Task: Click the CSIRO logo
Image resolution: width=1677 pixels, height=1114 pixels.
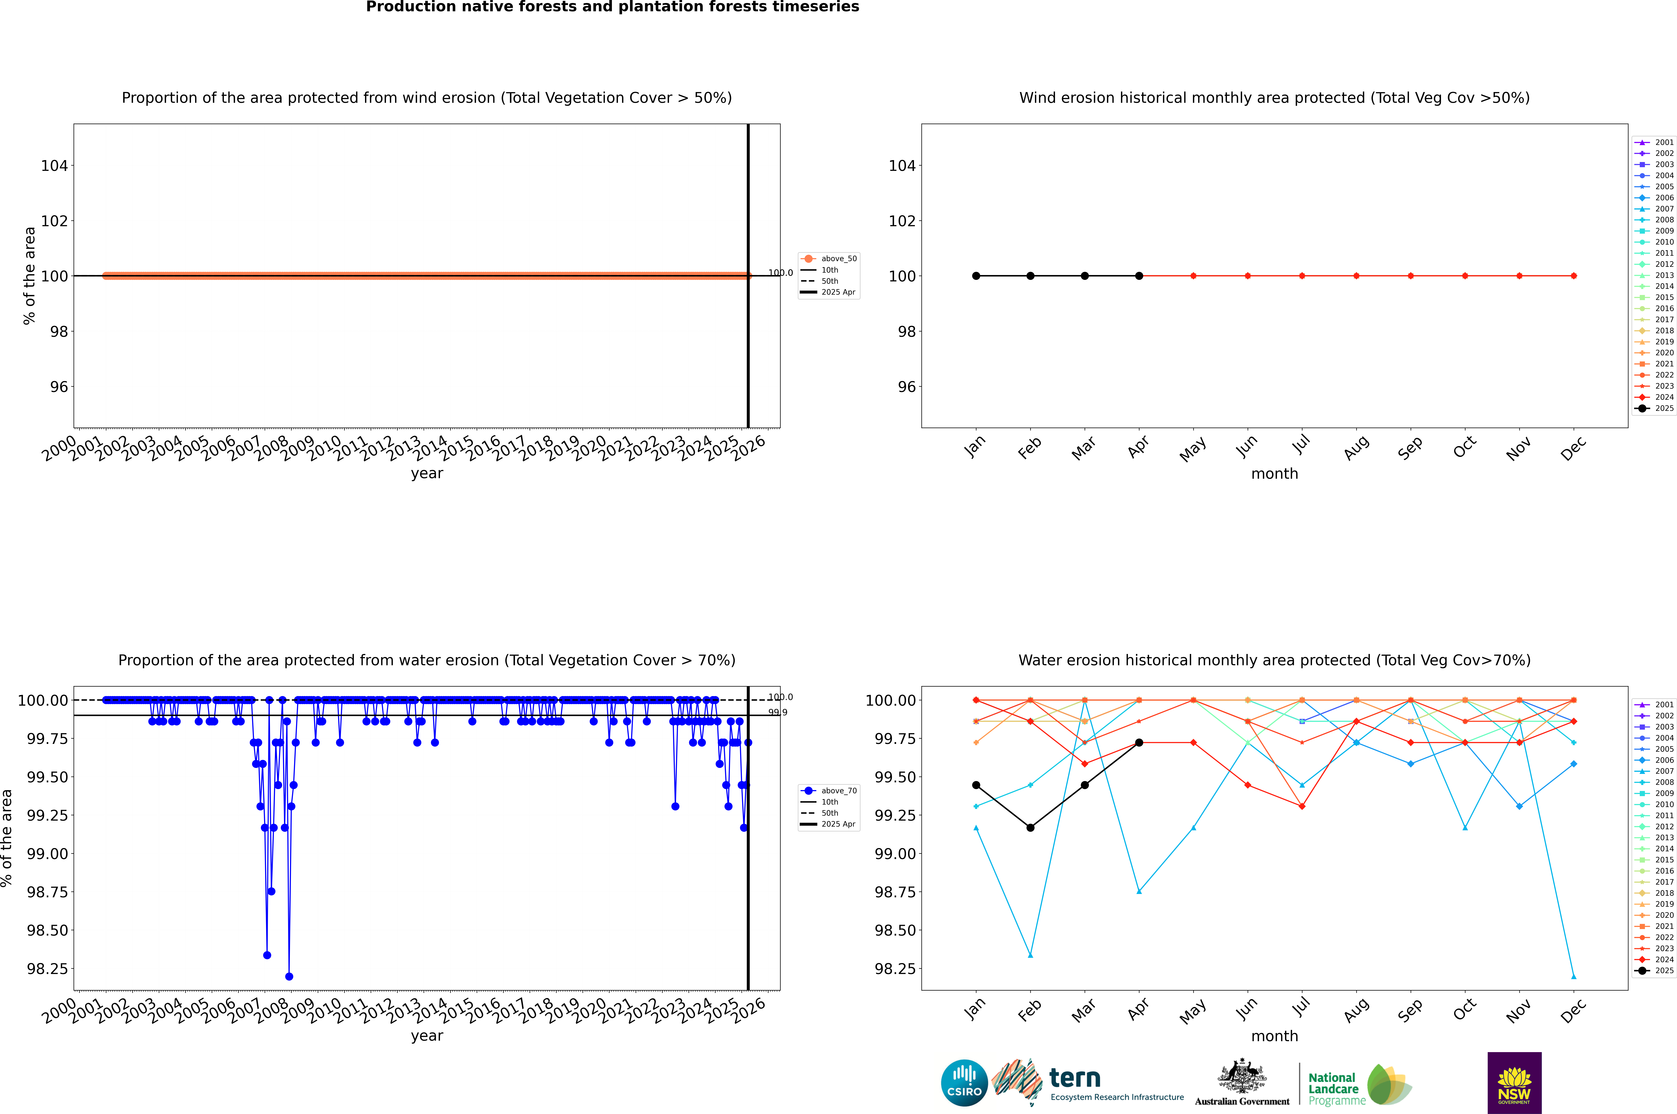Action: pos(964,1083)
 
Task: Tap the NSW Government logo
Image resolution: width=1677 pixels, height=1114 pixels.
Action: pos(1514,1083)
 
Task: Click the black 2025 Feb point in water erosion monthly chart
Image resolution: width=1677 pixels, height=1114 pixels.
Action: pos(1030,828)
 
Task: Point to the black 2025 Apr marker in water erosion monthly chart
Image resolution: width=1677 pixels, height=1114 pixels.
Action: pos(1139,742)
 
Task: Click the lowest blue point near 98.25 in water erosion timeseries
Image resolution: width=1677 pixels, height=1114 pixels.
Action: pos(289,976)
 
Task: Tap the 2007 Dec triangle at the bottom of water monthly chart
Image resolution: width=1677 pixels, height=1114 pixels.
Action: pos(1573,976)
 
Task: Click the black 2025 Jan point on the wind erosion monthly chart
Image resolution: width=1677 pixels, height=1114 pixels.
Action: pos(976,276)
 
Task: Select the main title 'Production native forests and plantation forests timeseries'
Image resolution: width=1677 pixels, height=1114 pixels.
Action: pos(612,7)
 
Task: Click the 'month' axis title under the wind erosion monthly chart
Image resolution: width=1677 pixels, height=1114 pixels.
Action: pos(1274,474)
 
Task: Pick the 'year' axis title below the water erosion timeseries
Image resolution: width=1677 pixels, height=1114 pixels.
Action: pos(427,1036)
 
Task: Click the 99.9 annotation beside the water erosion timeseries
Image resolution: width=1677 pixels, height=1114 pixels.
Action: pos(778,713)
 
